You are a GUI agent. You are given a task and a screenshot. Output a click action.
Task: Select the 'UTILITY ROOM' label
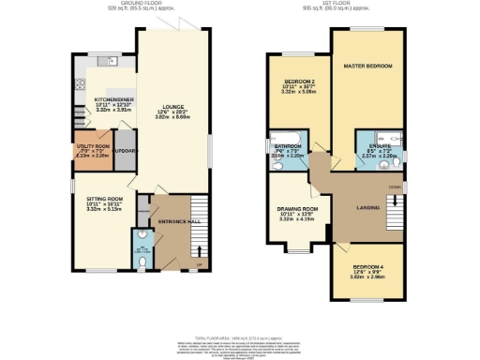(93, 146)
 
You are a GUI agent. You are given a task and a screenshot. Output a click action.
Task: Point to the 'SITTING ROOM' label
(104, 200)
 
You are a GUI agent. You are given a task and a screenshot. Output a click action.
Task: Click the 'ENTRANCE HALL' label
(172, 219)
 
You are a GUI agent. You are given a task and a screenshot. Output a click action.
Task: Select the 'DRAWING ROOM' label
(298, 209)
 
